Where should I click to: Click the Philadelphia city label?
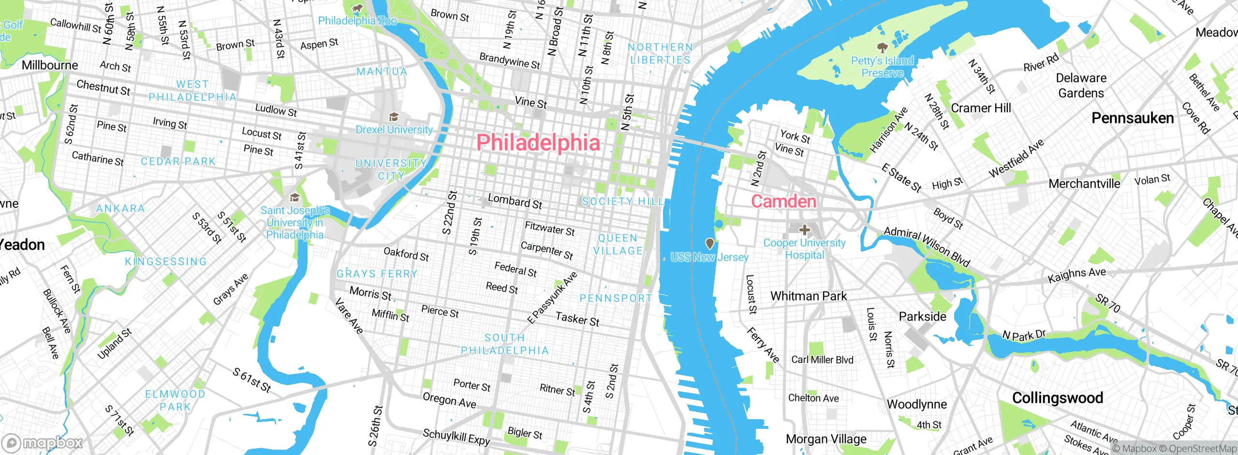point(538,143)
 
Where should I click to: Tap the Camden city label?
point(783,201)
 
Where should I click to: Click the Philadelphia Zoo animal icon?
point(357,8)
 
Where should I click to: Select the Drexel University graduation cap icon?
point(394,117)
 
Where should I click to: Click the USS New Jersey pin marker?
point(709,243)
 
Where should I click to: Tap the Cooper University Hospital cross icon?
point(804,229)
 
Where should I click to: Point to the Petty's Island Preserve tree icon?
point(882,47)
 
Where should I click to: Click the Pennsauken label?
point(1133,118)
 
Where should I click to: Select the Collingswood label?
point(1058,398)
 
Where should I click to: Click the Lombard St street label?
point(515,201)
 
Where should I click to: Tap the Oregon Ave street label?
point(449,400)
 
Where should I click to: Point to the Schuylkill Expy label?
point(456,437)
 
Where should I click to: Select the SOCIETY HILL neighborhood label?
point(622,201)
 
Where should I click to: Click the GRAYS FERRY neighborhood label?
point(377,274)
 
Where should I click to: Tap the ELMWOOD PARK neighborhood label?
point(175,400)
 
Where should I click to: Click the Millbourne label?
point(50,65)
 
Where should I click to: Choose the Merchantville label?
point(1084,184)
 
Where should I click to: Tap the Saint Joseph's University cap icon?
point(295,197)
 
